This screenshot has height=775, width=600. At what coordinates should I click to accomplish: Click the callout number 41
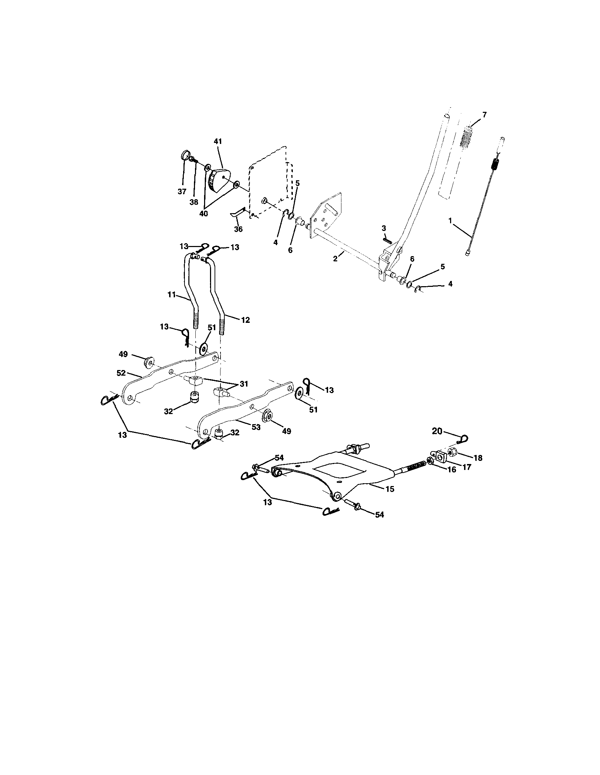point(217,141)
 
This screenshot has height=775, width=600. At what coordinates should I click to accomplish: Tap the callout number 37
point(182,191)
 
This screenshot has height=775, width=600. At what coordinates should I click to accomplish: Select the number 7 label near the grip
point(485,114)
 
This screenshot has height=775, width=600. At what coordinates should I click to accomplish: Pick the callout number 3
point(383,228)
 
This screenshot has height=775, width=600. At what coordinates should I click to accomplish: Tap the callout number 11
point(172,294)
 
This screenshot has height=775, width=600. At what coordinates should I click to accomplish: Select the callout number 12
point(245,320)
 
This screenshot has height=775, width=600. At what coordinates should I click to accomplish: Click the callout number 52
point(121,373)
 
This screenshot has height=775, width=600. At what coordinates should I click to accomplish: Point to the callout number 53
point(256,427)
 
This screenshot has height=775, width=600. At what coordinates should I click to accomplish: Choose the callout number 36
point(238,229)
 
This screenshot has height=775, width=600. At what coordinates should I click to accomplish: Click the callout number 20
point(437,431)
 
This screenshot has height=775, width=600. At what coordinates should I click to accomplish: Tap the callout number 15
point(390,489)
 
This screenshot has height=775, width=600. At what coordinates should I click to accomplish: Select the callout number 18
point(478,458)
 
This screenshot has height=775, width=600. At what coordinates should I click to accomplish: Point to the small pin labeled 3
point(387,240)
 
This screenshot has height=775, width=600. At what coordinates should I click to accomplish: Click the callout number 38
point(194,202)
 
